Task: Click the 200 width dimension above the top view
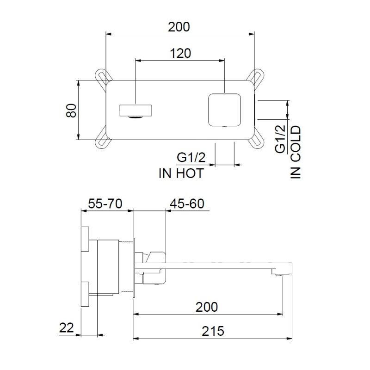179,26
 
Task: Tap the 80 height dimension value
70,110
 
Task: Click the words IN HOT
181,173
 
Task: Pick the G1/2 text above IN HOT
191,158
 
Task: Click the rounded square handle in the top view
224,110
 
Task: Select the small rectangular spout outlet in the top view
136,111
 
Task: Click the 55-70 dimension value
105,204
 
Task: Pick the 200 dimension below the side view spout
206,306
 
